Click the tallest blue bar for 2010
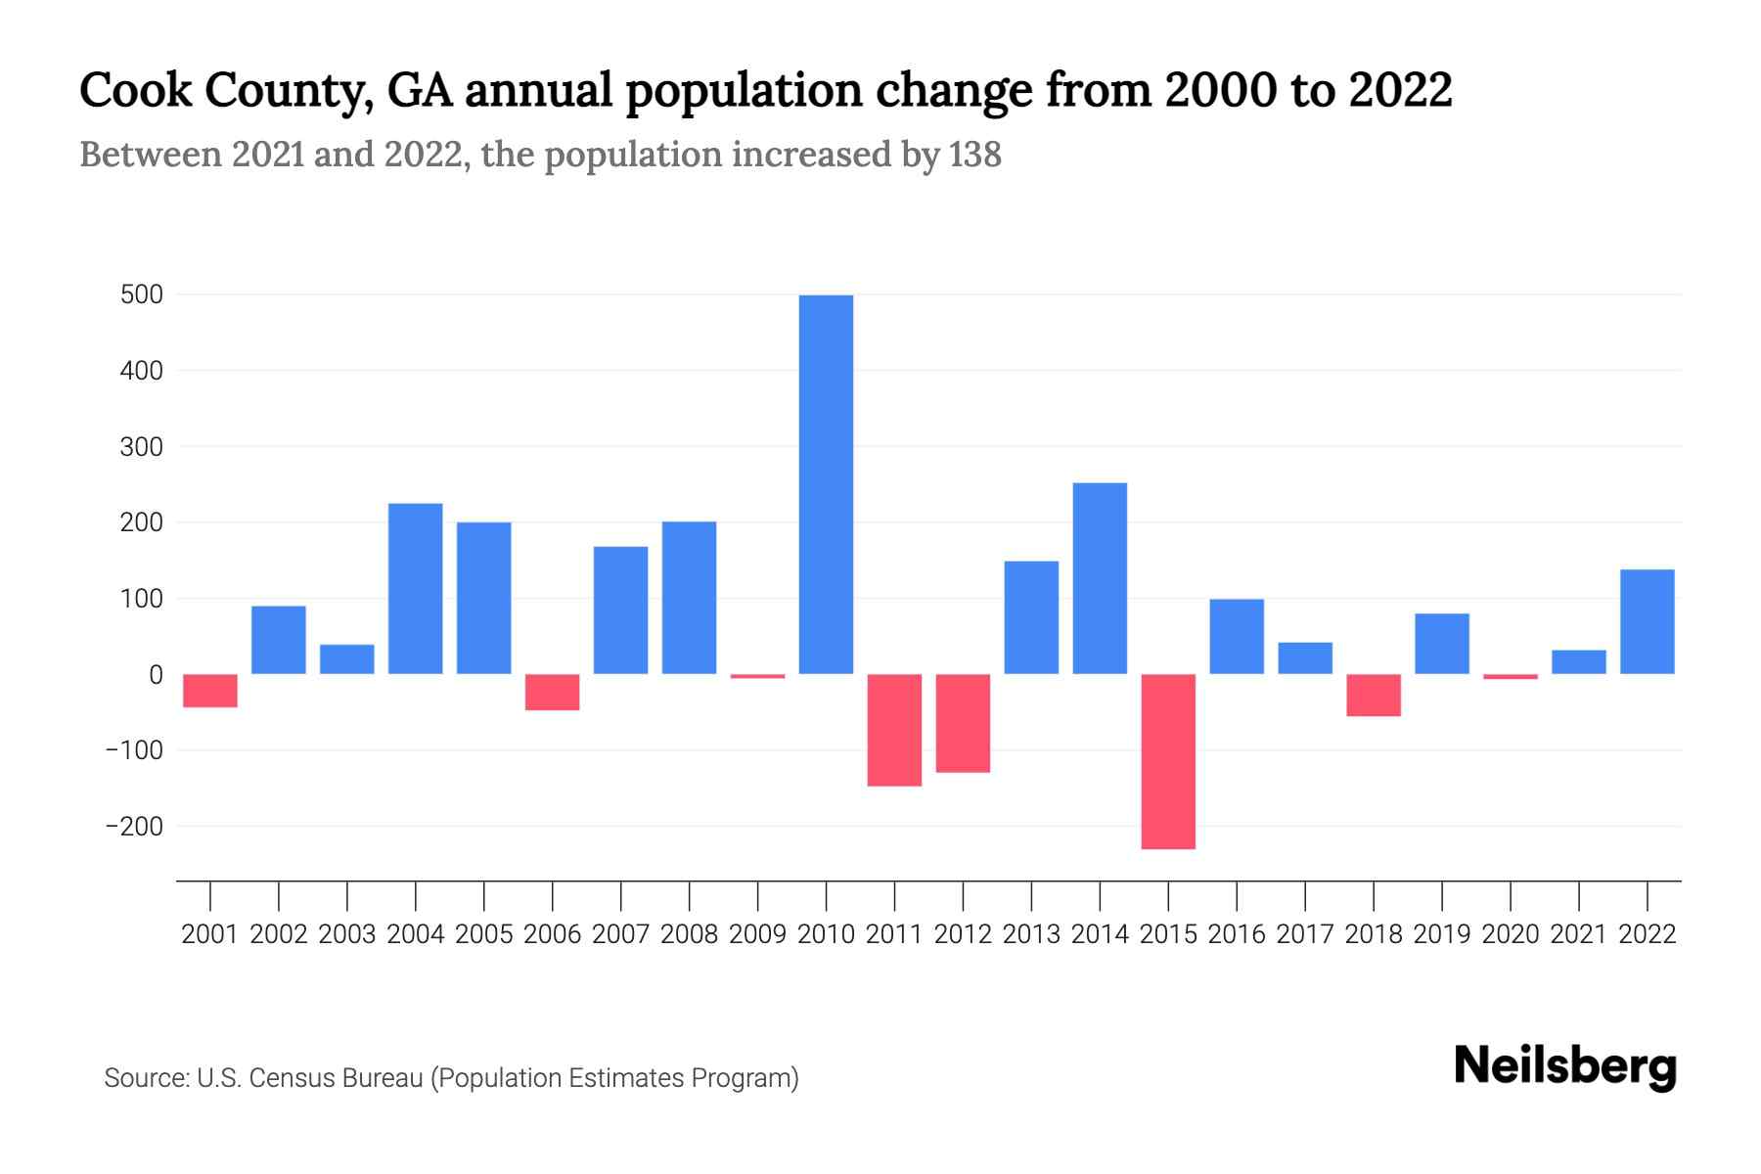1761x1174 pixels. [826, 484]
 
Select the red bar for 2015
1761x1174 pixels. [1168, 761]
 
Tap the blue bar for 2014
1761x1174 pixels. [1100, 578]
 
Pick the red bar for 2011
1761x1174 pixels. [894, 730]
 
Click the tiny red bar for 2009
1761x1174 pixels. [757, 676]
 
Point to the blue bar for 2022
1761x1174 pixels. [1647, 621]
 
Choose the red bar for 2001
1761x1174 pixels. [210, 691]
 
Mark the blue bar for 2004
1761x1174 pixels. [416, 588]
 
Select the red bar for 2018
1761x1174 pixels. [1374, 695]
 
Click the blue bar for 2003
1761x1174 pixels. [347, 658]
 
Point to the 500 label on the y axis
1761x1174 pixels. [142, 294]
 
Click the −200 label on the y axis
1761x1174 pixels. [134, 827]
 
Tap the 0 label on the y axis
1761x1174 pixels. [157, 675]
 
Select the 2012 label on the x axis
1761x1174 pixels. [963, 934]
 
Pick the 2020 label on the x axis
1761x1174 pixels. [1511, 934]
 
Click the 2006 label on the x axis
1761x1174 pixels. [553, 934]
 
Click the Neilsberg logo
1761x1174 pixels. [1565, 1066]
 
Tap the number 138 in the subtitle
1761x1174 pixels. [974, 155]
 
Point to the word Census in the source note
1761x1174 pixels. [289, 1078]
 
